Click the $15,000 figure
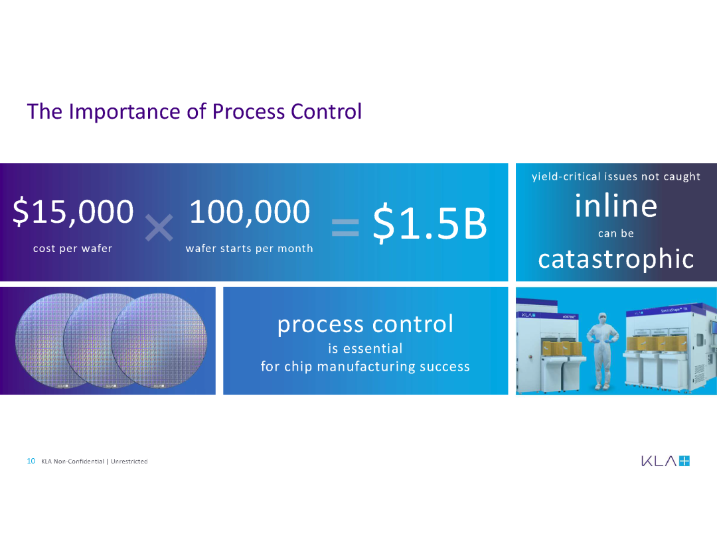[73, 212]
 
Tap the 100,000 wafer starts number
[250, 212]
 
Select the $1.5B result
[430, 223]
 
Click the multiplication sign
[159, 227]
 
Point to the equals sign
[345, 227]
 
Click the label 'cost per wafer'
[73, 249]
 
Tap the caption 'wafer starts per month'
[249, 249]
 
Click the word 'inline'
[616, 206]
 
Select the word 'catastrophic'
[616, 259]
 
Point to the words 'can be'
[616, 233]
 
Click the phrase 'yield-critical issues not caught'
[616, 176]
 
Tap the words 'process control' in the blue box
[365, 324]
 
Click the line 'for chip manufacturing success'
[365, 367]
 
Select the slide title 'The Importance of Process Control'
[195, 111]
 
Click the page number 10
[31, 461]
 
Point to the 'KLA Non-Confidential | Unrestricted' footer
[94, 461]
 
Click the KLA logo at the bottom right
[665, 461]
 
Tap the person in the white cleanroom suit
[602, 351]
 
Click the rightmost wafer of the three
[159, 341]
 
